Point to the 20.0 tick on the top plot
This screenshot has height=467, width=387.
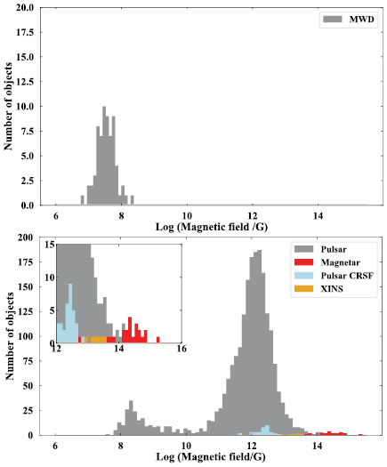[24, 7]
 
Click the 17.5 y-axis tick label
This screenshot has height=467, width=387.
[24, 32]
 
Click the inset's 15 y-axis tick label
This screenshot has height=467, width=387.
[50, 244]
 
